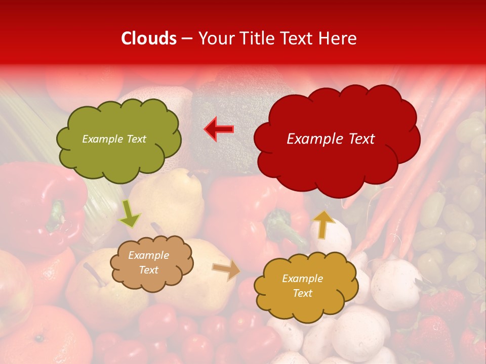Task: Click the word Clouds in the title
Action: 149,38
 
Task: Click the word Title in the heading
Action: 256,38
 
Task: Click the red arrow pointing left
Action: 219,129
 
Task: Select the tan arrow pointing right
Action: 226,270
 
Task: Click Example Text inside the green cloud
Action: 114,139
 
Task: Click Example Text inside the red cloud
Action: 331,139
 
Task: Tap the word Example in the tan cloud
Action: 149,255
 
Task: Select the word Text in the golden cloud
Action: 302,293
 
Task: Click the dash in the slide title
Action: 187,39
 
